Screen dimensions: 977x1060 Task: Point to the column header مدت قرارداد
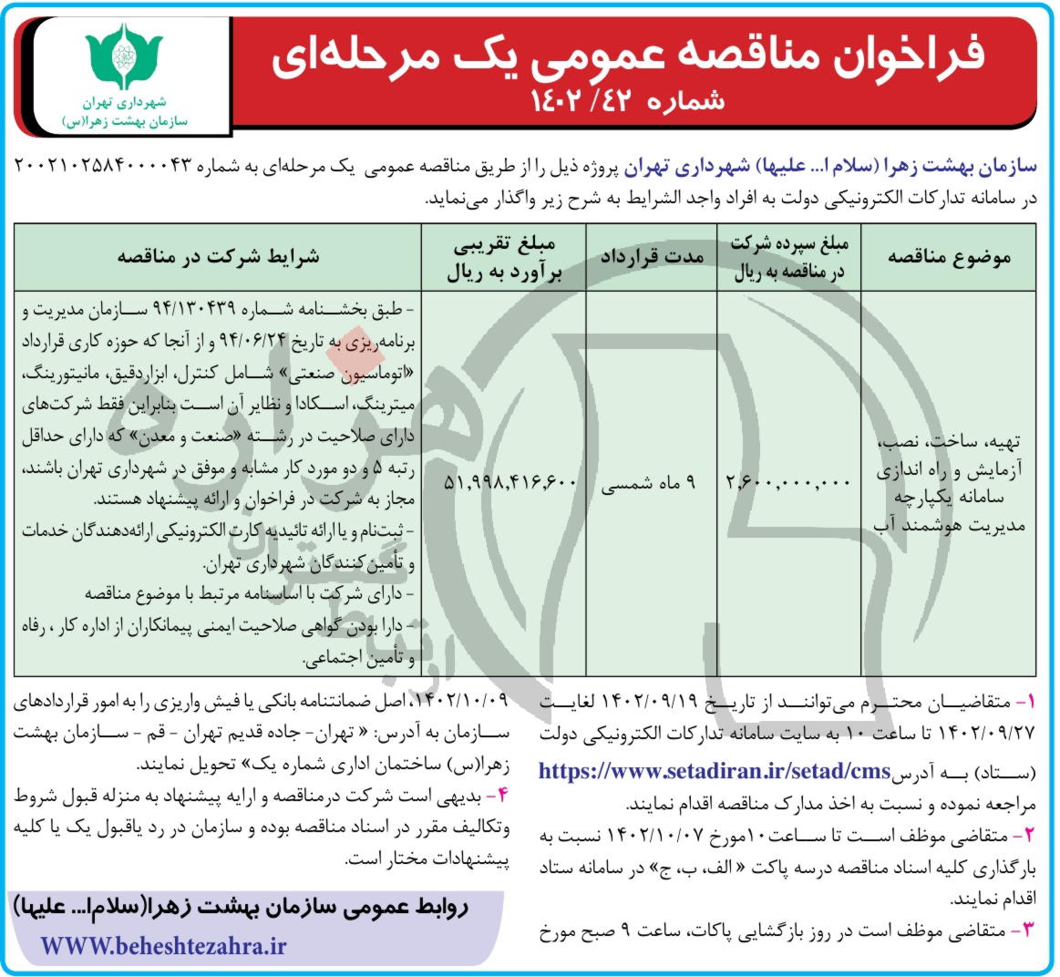tap(651, 257)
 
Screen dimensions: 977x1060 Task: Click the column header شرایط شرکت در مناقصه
tap(219, 257)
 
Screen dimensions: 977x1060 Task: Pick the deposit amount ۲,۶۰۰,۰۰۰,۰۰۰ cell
tap(788, 481)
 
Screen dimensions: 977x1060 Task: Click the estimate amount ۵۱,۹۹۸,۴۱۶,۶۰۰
tap(510, 481)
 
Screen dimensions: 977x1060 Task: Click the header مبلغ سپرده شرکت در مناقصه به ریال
tap(788, 257)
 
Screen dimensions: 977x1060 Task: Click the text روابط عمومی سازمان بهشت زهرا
tap(254, 908)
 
